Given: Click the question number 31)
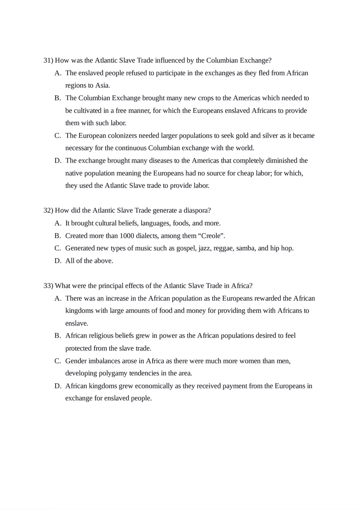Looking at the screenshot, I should [48, 61].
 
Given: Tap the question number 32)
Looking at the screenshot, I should [48, 211].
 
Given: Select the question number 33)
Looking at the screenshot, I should [48, 285].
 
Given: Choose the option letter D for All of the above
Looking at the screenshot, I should [58, 261].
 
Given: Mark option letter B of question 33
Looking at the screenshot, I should [58, 336].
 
